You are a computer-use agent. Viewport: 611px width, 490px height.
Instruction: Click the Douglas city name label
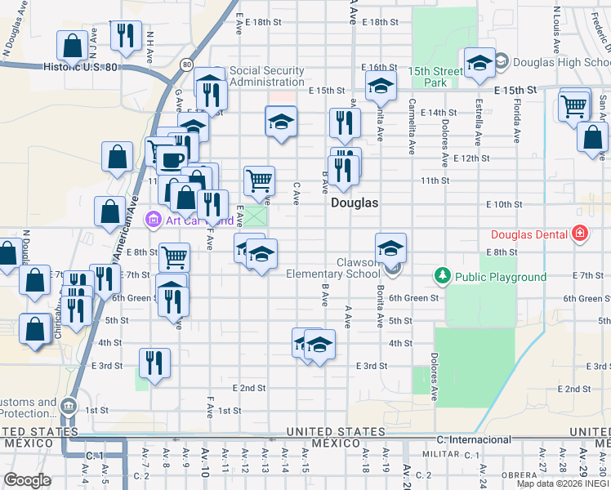click(355, 203)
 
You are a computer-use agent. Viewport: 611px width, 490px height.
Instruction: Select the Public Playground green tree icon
click(443, 276)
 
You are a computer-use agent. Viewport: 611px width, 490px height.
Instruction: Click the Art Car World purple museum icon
click(153, 219)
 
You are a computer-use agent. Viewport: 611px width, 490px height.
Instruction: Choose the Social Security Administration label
click(266, 76)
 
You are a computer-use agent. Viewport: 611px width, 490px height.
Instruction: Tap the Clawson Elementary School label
click(333, 268)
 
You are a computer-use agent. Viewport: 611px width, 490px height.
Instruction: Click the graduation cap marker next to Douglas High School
click(479, 62)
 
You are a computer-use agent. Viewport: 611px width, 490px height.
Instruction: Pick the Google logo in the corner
click(28, 480)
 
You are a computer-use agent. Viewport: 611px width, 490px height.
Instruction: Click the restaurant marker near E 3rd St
click(154, 362)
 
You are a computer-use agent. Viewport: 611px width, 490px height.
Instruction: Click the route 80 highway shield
click(187, 64)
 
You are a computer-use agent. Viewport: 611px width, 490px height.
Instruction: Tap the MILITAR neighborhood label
click(442, 452)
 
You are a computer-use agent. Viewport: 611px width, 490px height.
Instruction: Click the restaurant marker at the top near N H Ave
click(125, 34)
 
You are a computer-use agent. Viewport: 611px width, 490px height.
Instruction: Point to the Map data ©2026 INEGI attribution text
click(563, 483)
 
